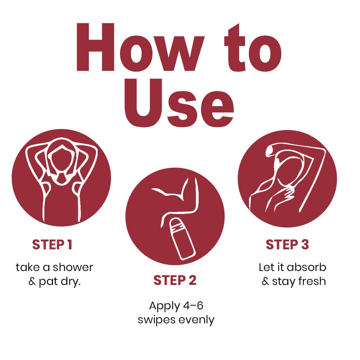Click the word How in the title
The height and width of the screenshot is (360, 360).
click(x=140, y=47)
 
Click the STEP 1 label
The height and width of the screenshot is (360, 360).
click(x=52, y=244)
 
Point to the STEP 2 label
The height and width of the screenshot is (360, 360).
click(x=175, y=280)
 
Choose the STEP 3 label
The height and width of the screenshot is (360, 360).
click(x=287, y=244)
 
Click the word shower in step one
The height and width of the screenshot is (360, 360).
click(x=73, y=267)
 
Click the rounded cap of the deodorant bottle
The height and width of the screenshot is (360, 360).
click(x=176, y=224)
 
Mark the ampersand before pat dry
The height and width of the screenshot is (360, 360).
click(x=32, y=281)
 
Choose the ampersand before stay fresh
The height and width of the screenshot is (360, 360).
click(x=265, y=281)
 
